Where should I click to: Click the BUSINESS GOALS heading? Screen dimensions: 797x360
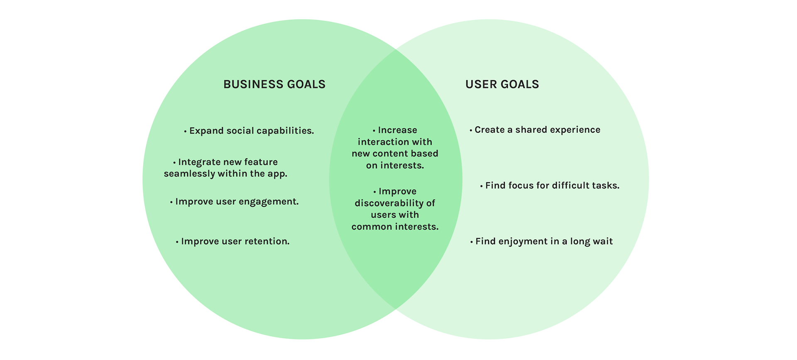[274, 84]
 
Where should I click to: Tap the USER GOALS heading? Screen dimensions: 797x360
[502, 84]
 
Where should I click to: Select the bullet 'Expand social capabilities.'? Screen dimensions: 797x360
[249, 131]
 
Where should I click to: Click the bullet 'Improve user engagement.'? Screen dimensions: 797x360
[235, 202]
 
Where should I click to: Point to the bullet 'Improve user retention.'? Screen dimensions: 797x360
[232, 241]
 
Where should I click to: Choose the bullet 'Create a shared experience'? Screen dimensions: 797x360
[535, 130]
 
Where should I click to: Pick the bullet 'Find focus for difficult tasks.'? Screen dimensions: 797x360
[550, 186]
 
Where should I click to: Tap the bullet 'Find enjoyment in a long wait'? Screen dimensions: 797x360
[541, 242]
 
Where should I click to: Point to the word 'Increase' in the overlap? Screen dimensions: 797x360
[398, 130]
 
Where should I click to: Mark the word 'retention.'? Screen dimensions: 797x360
[267, 241]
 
